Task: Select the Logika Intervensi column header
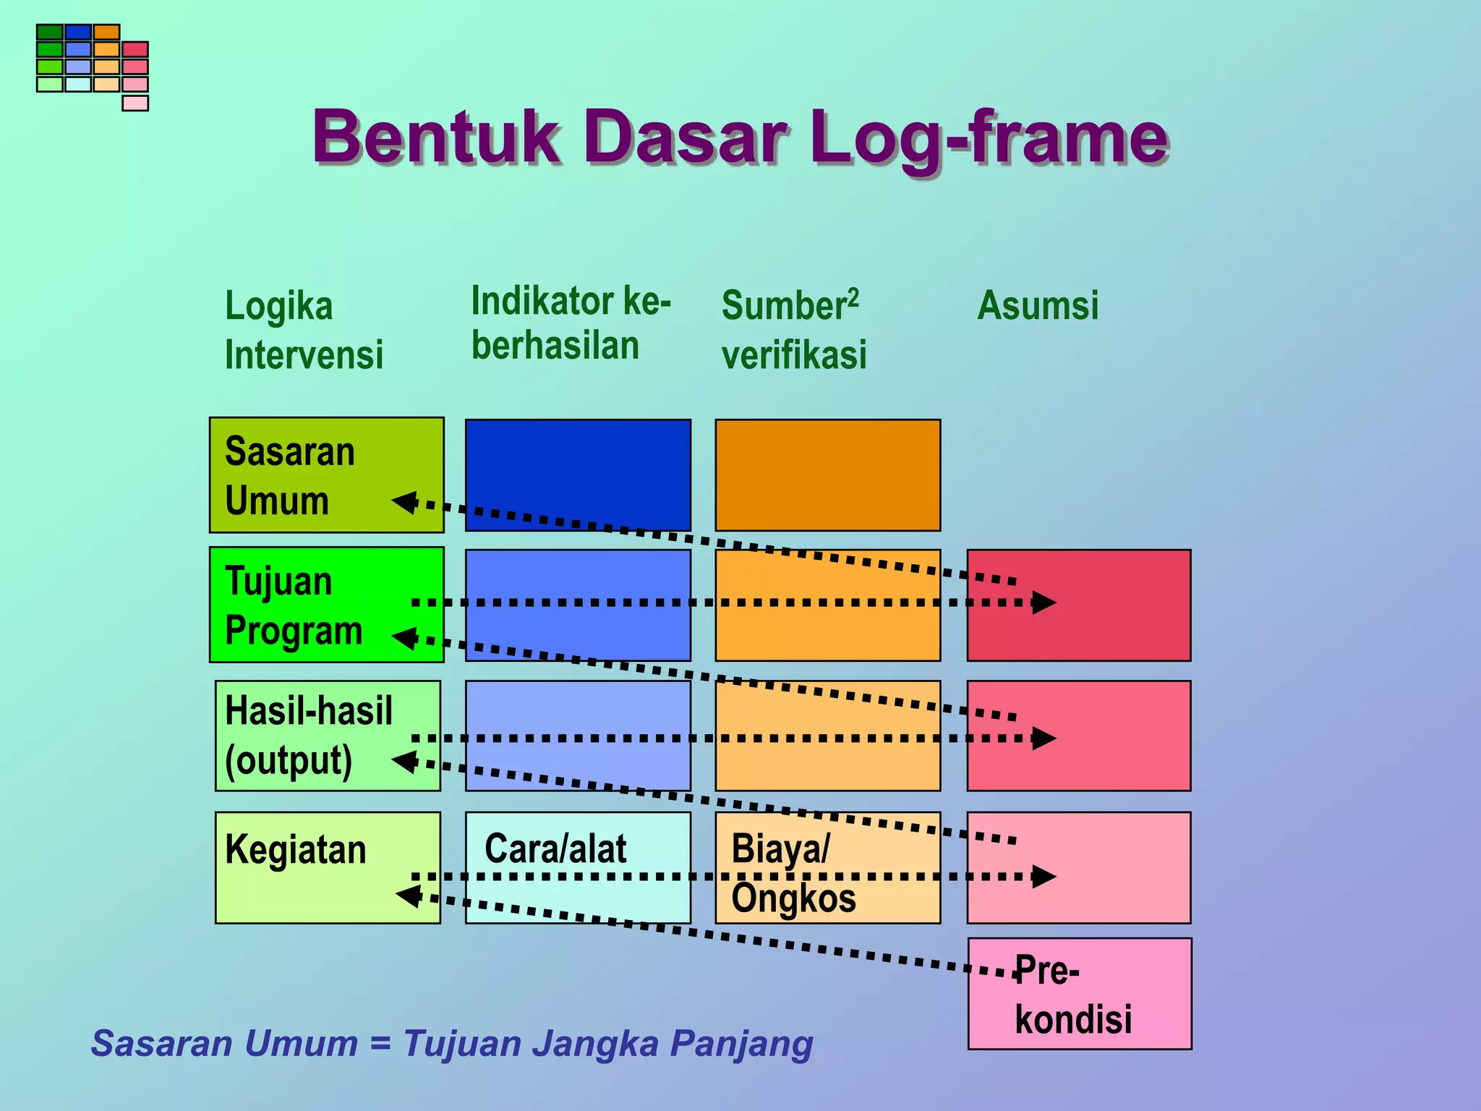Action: tap(303, 330)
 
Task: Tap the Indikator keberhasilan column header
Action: tap(571, 323)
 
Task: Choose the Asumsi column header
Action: tap(1038, 305)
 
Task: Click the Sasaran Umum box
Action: tap(326, 475)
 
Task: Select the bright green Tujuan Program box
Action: tap(326, 605)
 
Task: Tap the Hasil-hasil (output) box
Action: tap(328, 736)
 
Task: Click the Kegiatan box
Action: tap(328, 867)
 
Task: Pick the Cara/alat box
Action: tap(577, 867)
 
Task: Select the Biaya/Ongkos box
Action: tap(827, 867)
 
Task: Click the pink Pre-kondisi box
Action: tap(1079, 993)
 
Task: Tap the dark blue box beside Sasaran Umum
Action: tap(577, 475)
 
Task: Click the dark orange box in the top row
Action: tap(827, 475)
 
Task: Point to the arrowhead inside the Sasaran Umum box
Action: tap(405, 501)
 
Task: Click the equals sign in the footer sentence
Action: tap(380, 1044)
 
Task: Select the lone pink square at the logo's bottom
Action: tap(135, 103)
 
